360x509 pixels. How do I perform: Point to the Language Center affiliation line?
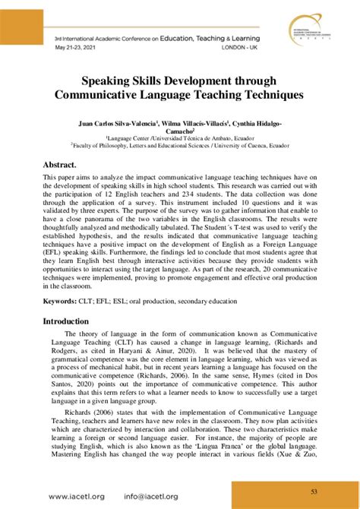click(179, 139)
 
